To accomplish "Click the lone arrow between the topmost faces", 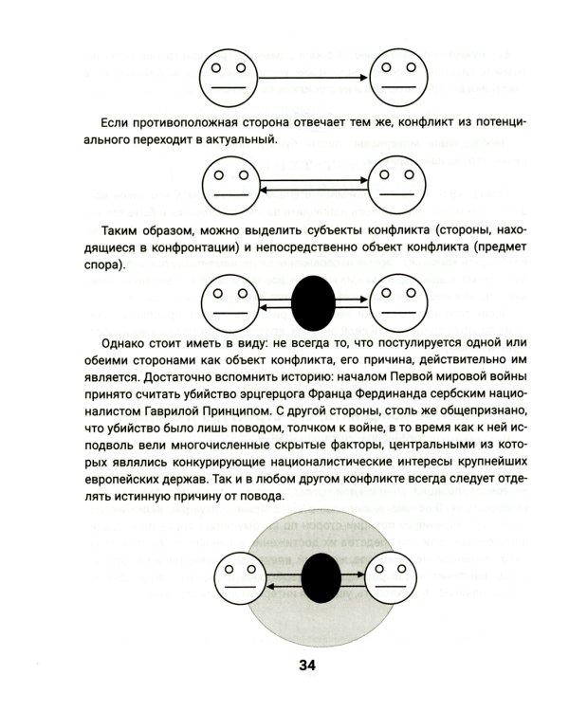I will pos(312,76).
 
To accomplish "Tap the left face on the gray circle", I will pos(239,578).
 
